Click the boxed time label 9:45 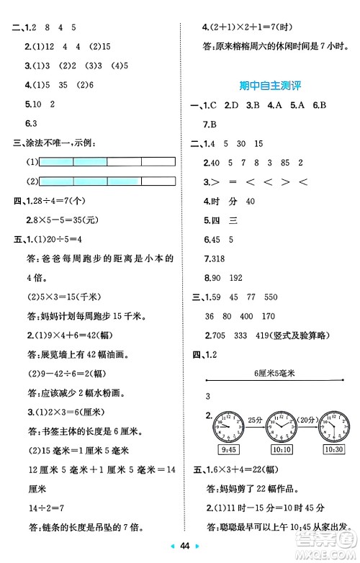(229, 451)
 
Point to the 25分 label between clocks (255, 418)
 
